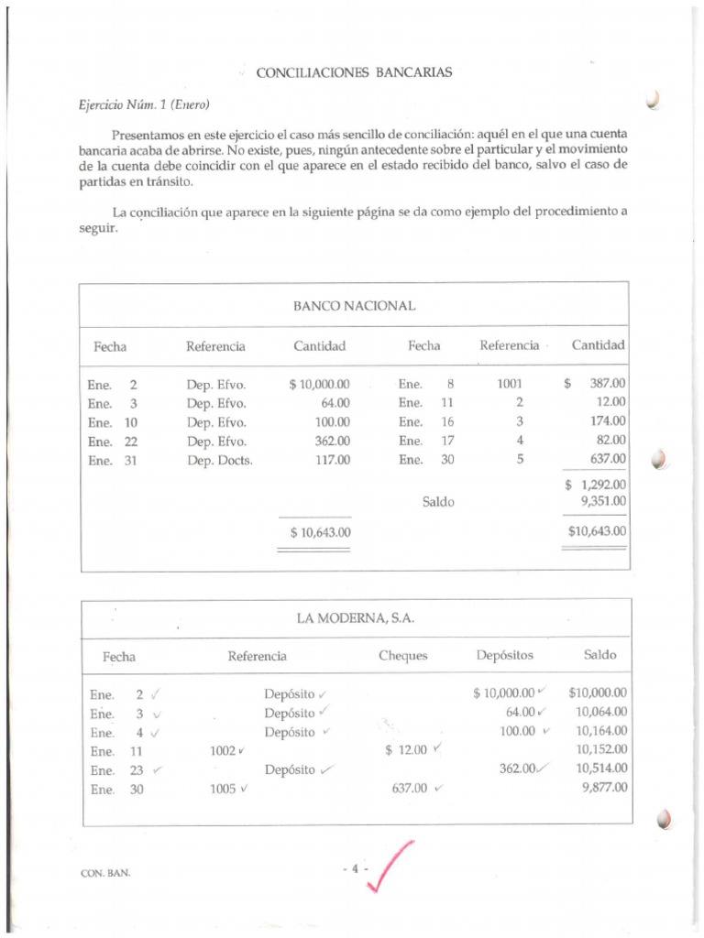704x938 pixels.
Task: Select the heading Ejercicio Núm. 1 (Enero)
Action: pyautogui.click(x=144, y=104)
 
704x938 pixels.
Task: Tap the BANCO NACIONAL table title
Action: pyautogui.click(x=354, y=305)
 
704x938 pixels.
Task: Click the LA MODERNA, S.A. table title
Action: pyautogui.click(x=355, y=618)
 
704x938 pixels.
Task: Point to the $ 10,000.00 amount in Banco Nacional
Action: pyautogui.click(x=319, y=385)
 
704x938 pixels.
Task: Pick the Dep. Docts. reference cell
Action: pyautogui.click(x=219, y=461)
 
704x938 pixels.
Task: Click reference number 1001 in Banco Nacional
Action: pyautogui.click(x=509, y=385)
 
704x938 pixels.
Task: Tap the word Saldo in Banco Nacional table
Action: pyautogui.click(x=437, y=502)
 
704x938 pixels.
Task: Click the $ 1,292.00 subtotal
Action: pyautogui.click(x=596, y=485)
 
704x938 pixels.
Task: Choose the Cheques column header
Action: pyautogui.click(x=402, y=656)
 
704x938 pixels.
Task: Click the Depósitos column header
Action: pyautogui.click(x=504, y=656)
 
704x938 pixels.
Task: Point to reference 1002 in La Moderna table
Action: pyautogui.click(x=223, y=751)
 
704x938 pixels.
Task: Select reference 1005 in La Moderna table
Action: pyautogui.click(x=223, y=788)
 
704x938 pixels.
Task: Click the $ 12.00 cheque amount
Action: pyautogui.click(x=406, y=751)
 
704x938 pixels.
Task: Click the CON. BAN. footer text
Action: pyautogui.click(x=105, y=873)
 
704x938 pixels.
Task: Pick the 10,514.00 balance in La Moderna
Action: pyautogui.click(x=601, y=769)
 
